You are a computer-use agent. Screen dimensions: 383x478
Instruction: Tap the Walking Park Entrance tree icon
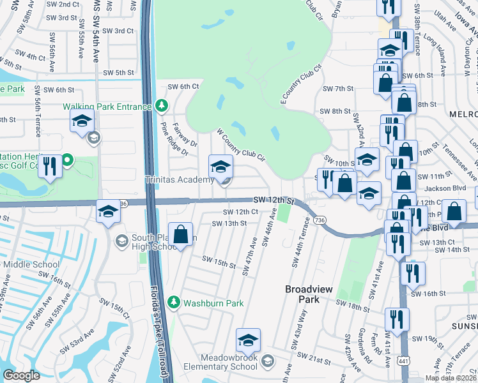pyautogui.click(x=162, y=105)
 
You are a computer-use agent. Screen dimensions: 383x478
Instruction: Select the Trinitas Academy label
pyautogui.click(x=180, y=180)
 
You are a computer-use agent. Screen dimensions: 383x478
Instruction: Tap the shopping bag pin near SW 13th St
pyautogui.click(x=181, y=233)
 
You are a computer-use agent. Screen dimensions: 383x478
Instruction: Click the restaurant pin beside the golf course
pyautogui.click(x=49, y=167)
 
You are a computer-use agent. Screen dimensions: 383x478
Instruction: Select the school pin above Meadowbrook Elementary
pyautogui.click(x=249, y=340)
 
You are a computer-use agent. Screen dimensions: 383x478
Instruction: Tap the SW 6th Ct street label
pyautogui.click(x=183, y=87)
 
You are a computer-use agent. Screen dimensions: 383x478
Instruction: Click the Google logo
pyautogui.click(x=21, y=375)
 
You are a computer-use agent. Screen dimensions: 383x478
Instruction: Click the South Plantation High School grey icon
pyautogui.click(x=121, y=241)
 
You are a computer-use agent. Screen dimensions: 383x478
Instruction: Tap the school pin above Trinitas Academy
pyautogui.click(x=220, y=167)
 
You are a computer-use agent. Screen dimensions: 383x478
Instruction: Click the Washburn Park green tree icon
pyautogui.click(x=172, y=301)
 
